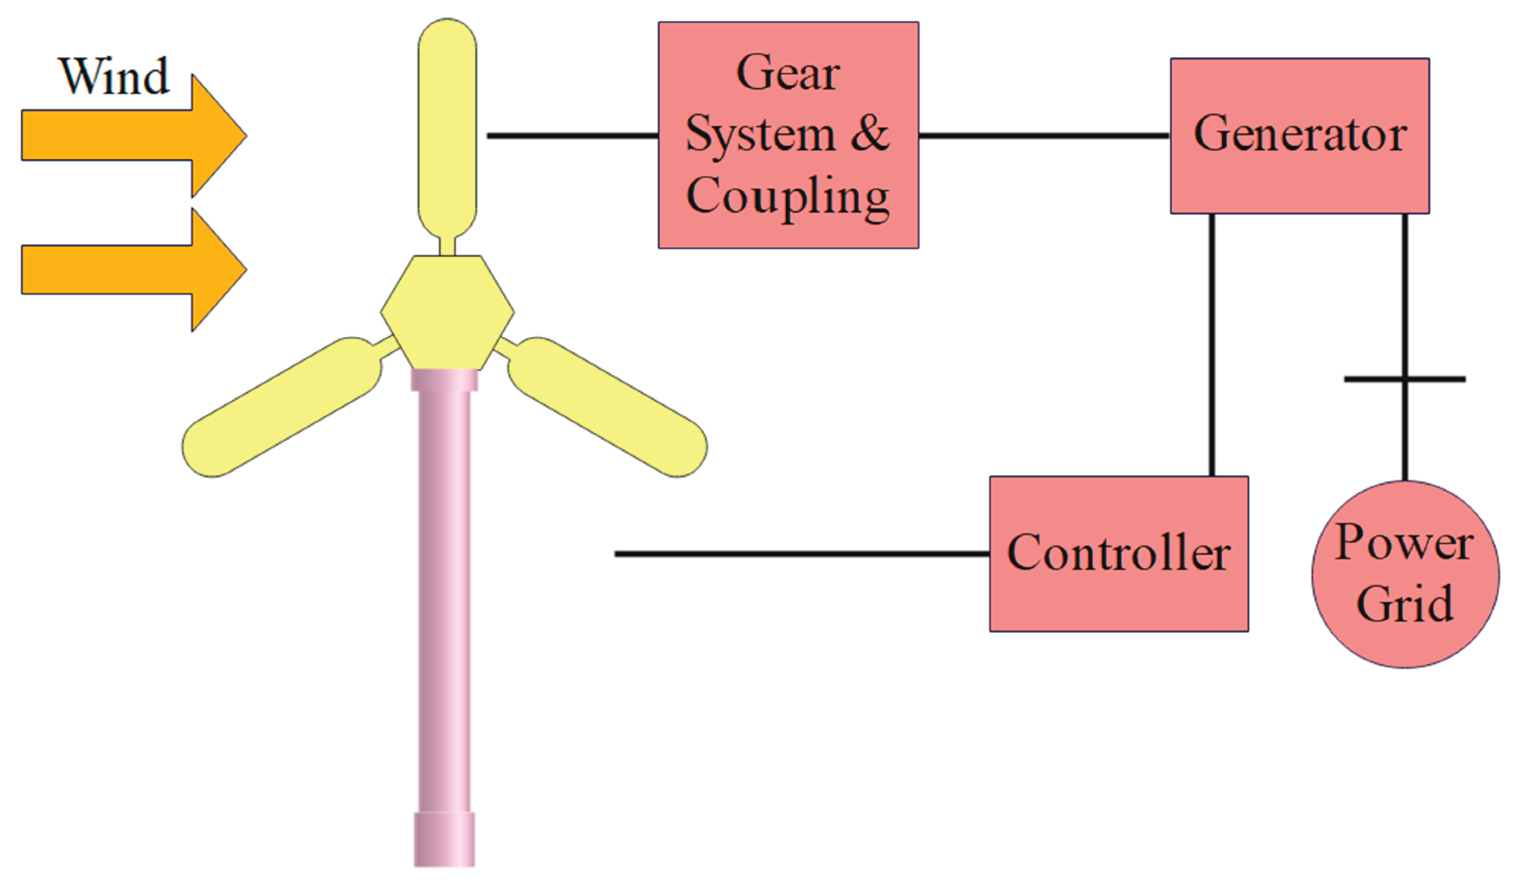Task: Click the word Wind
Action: pos(114,77)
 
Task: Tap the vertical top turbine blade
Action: pos(447,127)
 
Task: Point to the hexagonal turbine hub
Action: pos(447,312)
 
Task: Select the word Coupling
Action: pos(788,196)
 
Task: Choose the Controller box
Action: pos(1119,553)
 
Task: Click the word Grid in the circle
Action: pos(1405,604)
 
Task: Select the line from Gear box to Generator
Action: pos(1043,136)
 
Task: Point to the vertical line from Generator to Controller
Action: pos(1212,344)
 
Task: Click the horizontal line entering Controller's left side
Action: pos(802,553)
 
